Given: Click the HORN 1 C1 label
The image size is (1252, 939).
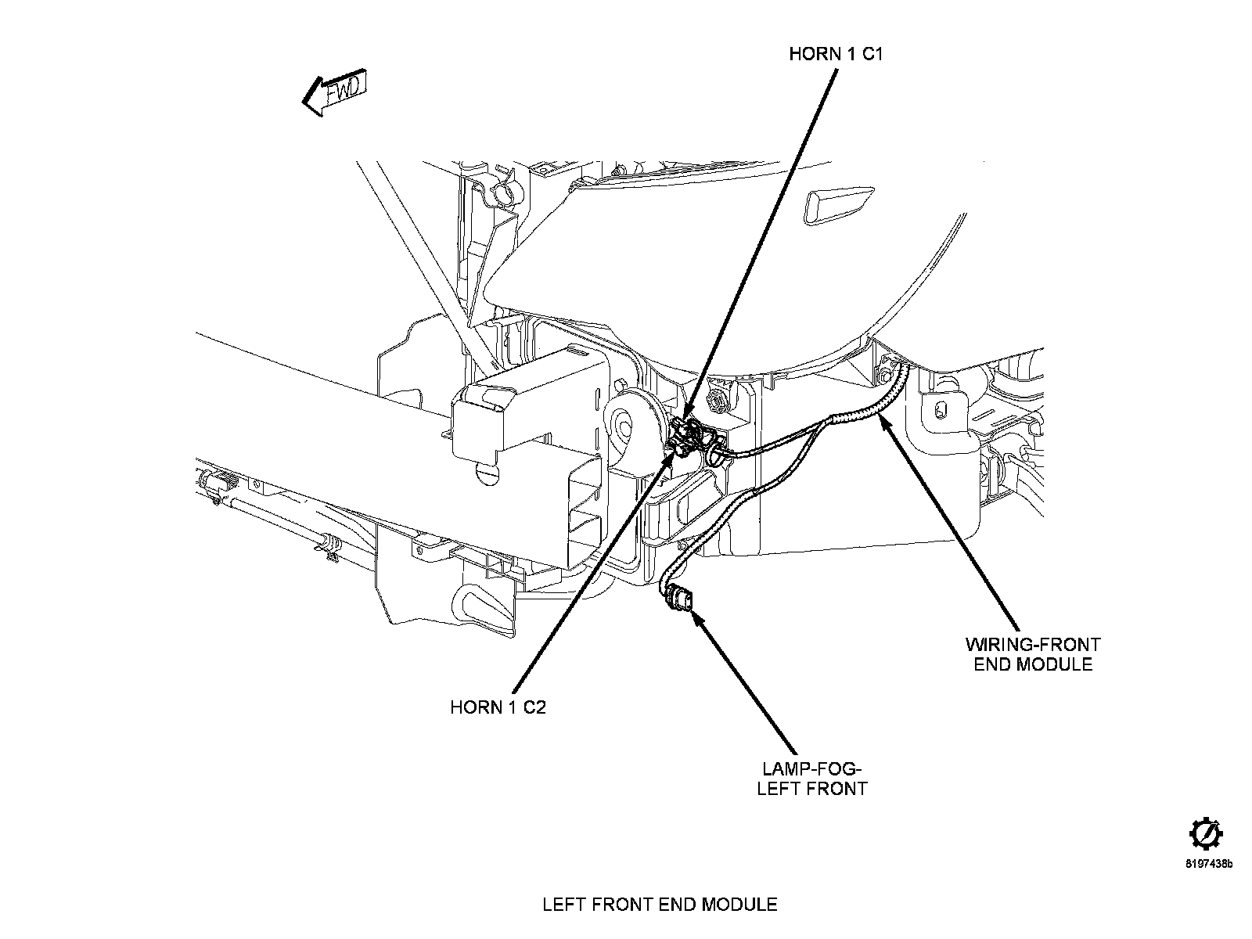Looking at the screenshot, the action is pyautogui.click(x=836, y=54).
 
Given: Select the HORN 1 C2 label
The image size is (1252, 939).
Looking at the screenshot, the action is pyautogui.click(x=498, y=707).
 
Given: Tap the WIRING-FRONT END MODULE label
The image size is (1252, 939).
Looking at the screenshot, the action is pyautogui.click(x=1033, y=654).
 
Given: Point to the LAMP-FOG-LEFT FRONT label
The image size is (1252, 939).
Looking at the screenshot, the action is pyautogui.click(x=812, y=779).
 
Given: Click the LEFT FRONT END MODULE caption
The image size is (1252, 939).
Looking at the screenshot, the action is pyautogui.click(x=660, y=905).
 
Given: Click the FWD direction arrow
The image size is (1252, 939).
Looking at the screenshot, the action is pyautogui.click(x=335, y=92).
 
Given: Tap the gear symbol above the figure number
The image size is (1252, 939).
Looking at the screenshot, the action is pyautogui.click(x=1207, y=835).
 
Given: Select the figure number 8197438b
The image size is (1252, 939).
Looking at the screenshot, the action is pyautogui.click(x=1209, y=865).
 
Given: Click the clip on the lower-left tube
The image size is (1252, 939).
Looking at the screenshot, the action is pyautogui.click(x=327, y=545).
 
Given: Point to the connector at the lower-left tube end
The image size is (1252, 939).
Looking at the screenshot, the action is pyautogui.click(x=218, y=485).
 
